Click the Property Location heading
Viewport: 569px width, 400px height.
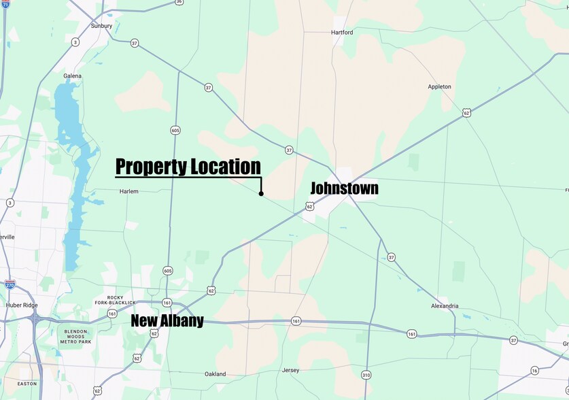(188, 167)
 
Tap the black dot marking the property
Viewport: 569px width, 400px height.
(261, 194)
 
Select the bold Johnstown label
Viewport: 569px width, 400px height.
(344, 188)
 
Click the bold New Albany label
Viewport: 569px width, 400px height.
(167, 321)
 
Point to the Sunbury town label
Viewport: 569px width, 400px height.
(101, 26)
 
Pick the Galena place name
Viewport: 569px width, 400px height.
(72, 76)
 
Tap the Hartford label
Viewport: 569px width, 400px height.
(342, 32)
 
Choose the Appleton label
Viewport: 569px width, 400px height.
(439, 87)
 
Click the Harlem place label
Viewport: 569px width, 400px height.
(128, 192)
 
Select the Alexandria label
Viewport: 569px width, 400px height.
(444, 306)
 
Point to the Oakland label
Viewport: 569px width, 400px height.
(215, 374)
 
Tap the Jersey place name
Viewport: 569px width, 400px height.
(290, 371)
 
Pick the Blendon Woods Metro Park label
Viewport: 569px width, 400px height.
(75, 336)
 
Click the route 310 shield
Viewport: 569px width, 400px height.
(366, 375)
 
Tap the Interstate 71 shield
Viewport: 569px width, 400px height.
(5, 5)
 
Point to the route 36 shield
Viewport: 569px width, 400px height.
(179, 2)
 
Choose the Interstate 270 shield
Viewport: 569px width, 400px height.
(10, 285)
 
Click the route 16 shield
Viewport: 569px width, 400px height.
(535, 370)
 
